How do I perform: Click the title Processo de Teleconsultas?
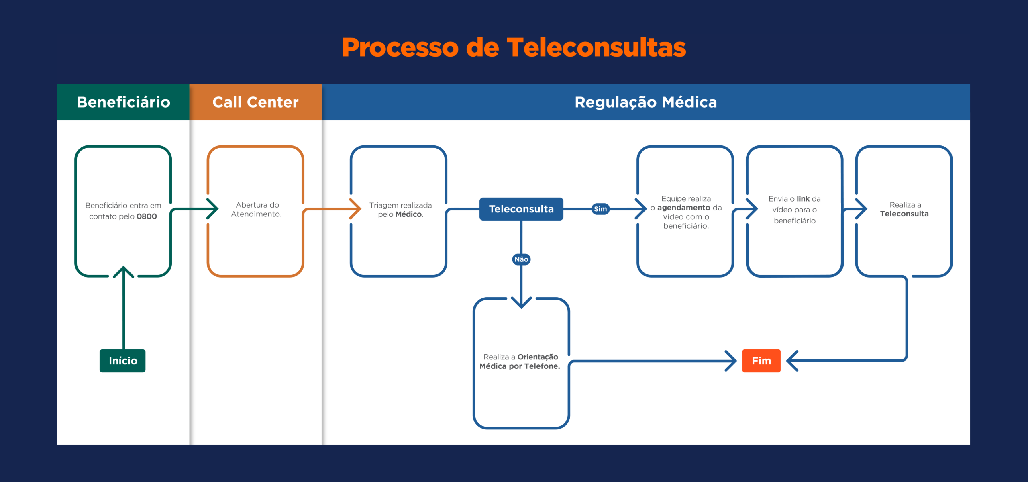514,47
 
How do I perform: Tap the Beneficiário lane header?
123,102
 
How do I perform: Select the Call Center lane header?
255,102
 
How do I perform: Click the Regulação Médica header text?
646,102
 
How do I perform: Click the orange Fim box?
761,361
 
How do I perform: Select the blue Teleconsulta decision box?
521,209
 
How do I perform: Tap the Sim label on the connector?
600,209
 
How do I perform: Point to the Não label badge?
521,259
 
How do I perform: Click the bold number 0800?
147,216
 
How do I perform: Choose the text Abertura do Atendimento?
257,210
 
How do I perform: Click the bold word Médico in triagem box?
408,214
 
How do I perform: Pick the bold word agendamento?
683,208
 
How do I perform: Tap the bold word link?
803,199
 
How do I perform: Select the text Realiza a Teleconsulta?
905,210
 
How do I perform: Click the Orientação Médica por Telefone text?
520,361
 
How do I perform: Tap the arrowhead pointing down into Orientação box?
521,303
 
